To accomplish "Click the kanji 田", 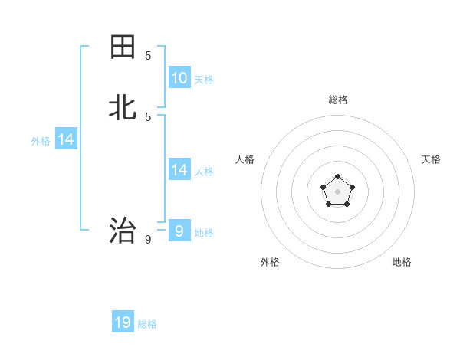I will point(123,47).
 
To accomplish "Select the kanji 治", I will point(123,230).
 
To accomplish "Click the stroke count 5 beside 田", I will point(148,56).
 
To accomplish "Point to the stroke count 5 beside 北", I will point(148,117).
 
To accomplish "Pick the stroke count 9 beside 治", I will point(148,240).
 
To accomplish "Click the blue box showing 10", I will point(179,77).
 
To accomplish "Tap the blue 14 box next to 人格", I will point(179,169).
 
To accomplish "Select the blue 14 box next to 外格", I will point(66,139).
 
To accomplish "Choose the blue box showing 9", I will point(179,231).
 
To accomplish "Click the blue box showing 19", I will point(123,322).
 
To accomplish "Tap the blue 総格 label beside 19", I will point(147,324).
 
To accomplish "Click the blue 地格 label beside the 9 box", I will point(204,233).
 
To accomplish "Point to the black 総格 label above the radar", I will point(338,100).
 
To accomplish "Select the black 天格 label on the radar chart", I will point(431,159).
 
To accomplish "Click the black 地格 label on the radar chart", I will point(402,262).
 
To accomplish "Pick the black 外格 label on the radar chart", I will point(270,262).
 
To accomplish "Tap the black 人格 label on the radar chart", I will point(245,159).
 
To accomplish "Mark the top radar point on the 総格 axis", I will point(337,177).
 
